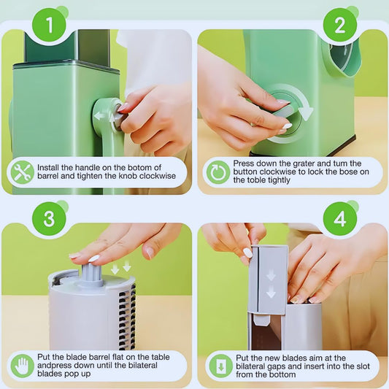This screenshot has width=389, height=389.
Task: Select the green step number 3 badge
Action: [x=49, y=219]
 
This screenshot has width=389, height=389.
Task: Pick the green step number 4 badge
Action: [x=339, y=219]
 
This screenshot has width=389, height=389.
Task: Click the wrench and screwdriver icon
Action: [x=23, y=172]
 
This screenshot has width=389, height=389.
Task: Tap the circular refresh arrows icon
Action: [x=217, y=172]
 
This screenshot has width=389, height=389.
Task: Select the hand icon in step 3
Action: [x=23, y=366]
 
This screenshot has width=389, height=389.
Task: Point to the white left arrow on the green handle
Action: [x=99, y=115]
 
